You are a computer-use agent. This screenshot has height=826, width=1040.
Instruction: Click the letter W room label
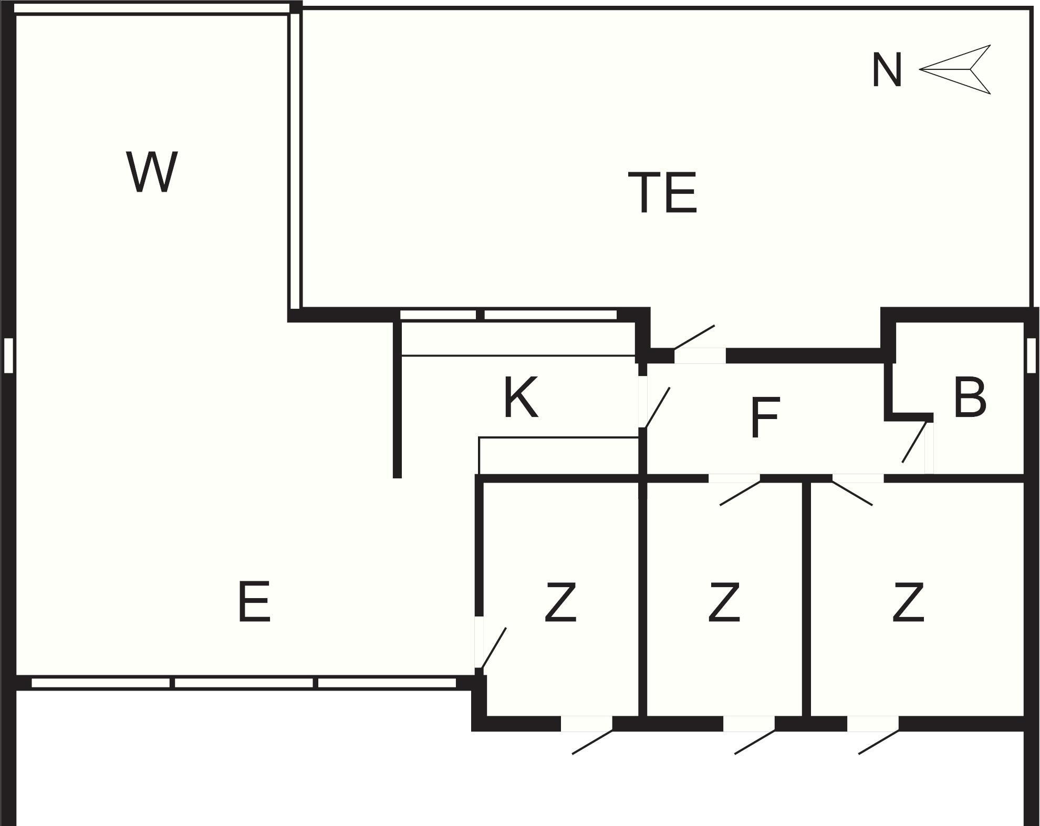coord(152,172)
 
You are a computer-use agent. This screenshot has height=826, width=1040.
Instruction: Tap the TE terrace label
coord(662,193)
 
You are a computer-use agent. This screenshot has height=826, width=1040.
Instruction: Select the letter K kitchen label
coord(521,398)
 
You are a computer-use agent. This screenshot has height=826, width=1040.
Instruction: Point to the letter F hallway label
coord(765,418)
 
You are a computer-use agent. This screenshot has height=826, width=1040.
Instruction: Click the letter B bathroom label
coord(969,398)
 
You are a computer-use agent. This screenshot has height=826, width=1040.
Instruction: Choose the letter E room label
coord(254,602)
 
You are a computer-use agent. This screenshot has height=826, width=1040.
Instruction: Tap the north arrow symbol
coord(956,69)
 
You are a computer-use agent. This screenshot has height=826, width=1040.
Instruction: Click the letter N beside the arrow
coord(887,70)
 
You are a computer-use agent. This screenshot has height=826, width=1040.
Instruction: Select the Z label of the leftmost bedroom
coord(560,602)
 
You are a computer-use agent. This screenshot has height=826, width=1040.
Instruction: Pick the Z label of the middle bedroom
coord(724,602)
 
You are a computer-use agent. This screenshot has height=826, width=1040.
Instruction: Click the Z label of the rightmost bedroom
coord(908,602)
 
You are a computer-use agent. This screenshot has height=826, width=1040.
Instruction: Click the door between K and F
coord(654,407)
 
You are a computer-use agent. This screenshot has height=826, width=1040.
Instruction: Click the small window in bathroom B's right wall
coord(1031,356)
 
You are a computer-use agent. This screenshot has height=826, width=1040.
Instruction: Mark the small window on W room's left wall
coord(8,356)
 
